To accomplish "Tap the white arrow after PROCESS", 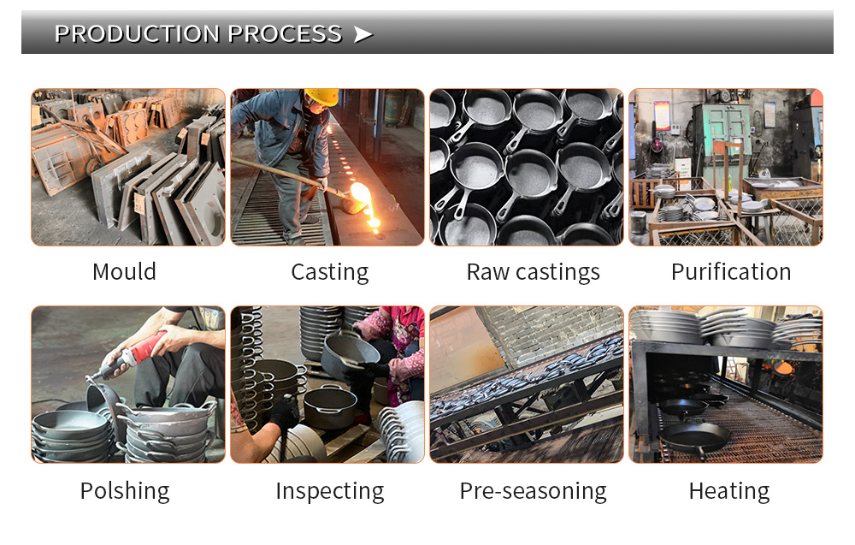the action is [363, 34].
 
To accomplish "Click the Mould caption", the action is [124, 272].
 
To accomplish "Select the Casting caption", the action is [330, 273].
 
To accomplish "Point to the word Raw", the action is [488, 272].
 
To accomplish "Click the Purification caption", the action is [731, 272].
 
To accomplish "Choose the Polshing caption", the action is [125, 491].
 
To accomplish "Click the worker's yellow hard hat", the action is [322, 97].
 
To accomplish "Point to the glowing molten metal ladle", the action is [360, 198].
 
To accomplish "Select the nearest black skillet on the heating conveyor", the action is [695, 437].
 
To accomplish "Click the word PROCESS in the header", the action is [286, 34].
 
